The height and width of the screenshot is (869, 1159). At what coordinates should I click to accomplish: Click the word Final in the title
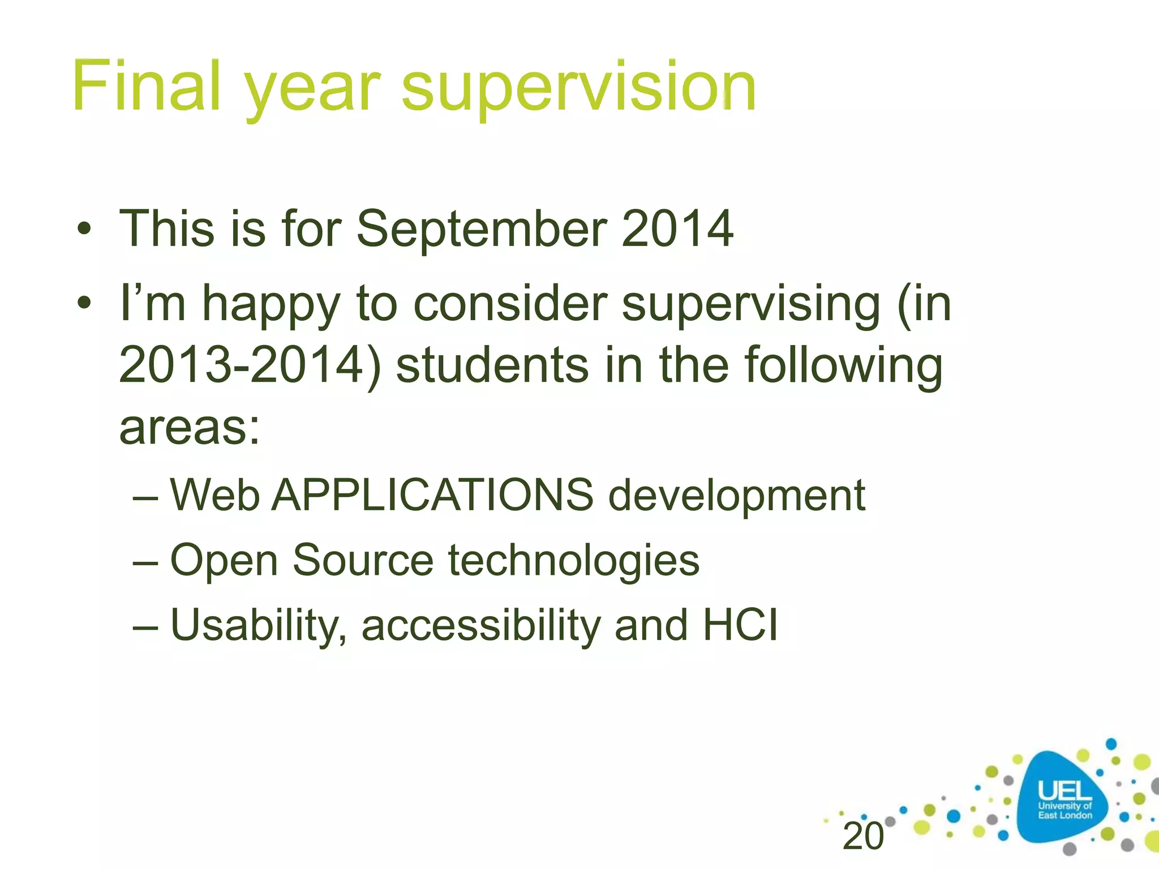click(x=146, y=86)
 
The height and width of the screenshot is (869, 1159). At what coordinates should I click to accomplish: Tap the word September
click(x=482, y=229)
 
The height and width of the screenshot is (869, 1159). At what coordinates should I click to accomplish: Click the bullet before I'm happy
click(x=84, y=304)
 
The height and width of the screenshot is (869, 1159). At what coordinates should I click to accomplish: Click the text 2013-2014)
click(x=250, y=366)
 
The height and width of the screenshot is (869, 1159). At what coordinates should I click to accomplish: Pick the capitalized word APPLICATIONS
click(x=433, y=495)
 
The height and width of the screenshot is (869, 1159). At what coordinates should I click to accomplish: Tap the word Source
click(x=363, y=560)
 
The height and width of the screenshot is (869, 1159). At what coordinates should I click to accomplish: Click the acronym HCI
click(x=740, y=625)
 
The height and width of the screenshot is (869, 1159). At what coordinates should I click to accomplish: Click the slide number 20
click(x=862, y=836)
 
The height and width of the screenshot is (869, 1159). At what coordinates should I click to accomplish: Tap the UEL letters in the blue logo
click(x=1064, y=790)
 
